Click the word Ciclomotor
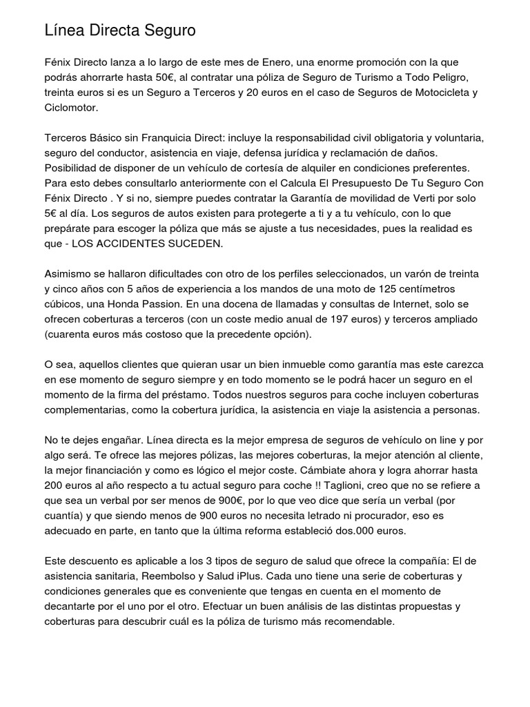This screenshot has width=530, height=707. pyautogui.click(x=71, y=108)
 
